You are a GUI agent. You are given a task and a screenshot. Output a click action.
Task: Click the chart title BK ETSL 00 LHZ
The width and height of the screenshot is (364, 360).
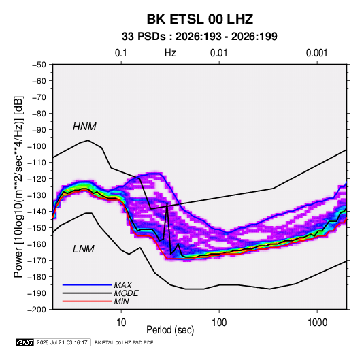point(199,19)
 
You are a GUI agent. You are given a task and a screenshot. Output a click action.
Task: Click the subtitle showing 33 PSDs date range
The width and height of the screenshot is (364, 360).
point(199,37)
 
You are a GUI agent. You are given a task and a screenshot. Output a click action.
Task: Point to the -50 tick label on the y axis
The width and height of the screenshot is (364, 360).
point(39,65)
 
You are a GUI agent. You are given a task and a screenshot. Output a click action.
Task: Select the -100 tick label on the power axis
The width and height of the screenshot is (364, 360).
point(37,146)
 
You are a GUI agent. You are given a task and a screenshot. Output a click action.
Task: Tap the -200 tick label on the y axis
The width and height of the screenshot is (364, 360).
point(37,310)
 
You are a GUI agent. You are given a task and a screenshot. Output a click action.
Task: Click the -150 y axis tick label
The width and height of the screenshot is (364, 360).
point(37,228)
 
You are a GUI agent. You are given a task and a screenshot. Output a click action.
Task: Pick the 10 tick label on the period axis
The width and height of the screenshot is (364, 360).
point(121,323)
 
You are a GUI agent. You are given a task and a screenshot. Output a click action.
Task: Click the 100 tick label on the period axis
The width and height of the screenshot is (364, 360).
point(219,323)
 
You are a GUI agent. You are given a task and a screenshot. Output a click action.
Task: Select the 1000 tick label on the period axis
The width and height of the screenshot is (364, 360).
point(317,323)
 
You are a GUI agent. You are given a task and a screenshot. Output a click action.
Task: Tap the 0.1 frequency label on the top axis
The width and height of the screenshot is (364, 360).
point(121,53)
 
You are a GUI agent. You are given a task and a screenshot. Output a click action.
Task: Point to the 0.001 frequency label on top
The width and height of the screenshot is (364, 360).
point(316,53)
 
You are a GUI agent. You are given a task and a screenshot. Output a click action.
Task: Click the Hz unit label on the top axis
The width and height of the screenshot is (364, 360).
point(170,53)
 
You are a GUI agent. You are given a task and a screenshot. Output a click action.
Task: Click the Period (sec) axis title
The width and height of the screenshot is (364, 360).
point(170,330)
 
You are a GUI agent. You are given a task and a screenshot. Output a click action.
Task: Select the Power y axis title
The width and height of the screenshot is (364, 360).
point(18,187)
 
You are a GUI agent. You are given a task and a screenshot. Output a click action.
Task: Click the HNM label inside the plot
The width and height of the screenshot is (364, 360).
point(84,127)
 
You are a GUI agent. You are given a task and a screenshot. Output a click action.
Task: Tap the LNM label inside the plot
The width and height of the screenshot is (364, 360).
point(84,249)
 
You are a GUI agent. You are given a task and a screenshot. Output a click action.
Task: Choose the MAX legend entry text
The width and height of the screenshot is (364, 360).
point(123,285)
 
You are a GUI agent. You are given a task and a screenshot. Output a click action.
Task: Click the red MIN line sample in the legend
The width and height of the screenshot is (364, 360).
point(87,301)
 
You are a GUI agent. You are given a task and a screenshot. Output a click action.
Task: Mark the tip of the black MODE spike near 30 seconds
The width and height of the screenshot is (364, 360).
point(167,203)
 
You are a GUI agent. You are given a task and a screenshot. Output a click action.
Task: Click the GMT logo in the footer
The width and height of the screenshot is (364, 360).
point(25,342)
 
